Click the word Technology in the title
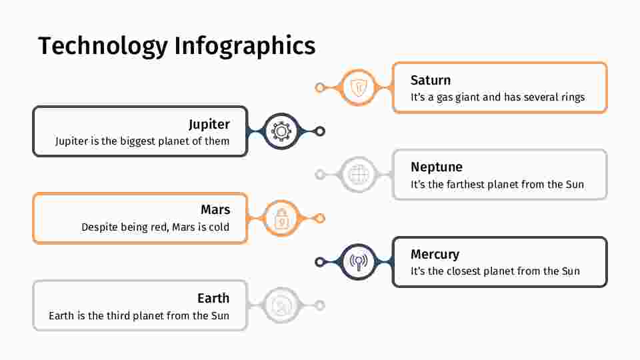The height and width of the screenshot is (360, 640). (x=103, y=47)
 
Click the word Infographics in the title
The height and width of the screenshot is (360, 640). (x=245, y=47)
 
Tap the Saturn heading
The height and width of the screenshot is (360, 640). (x=431, y=80)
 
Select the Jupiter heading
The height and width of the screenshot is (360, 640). (x=209, y=125)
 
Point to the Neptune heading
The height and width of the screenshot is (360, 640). (x=436, y=167)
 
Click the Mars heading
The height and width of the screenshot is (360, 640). (x=215, y=210)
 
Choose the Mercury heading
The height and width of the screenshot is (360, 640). (x=435, y=254)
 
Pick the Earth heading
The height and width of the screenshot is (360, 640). (x=213, y=299)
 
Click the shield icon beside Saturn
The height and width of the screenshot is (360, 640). (x=359, y=87)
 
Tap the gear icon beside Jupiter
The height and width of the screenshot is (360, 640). (x=281, y=131)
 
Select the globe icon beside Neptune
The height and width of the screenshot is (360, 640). (x=359, y=175)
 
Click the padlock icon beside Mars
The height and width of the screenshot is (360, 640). (x=281, y=219)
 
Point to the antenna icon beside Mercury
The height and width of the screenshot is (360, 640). (x=359, y=262)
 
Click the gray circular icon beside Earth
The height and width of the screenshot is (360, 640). (x=281, y=306)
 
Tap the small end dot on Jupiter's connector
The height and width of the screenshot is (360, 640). (x=320, y=131)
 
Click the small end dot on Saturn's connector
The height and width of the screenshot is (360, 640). (x=320, y=87)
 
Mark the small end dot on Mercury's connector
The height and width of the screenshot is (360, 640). (x=320, y=262)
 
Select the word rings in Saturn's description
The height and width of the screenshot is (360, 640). (x=573, y=97)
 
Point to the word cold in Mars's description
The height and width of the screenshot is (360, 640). (x=219, y=227)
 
